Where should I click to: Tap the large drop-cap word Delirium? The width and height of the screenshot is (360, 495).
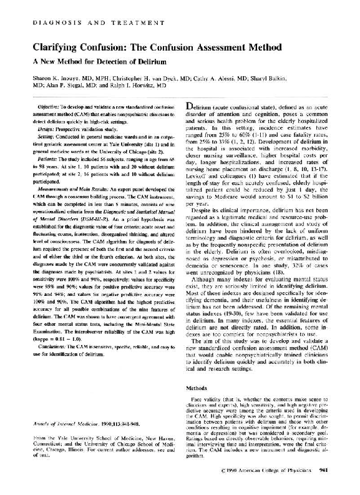tap(198, 107)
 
